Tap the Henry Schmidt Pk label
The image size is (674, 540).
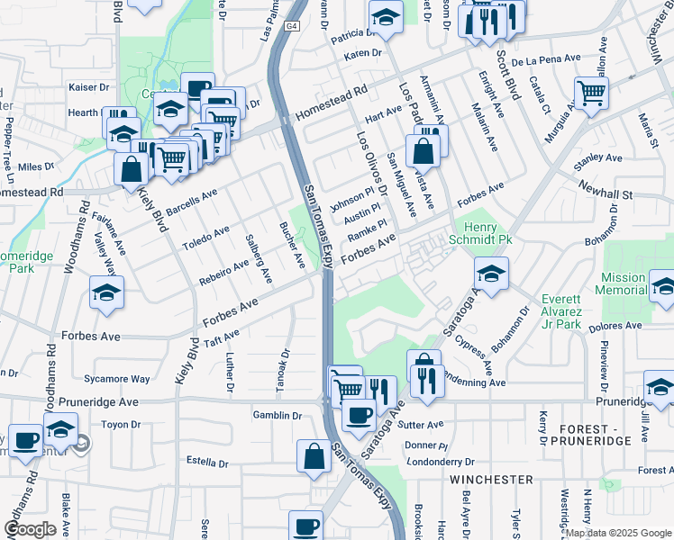(487, 234)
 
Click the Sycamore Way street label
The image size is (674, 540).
(116, 380)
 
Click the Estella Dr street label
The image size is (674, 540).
(206, 463)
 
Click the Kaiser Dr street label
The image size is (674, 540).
(89, 88)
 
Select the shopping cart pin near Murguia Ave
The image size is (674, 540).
(591, 92)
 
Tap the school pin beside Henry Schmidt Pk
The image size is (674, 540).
(491, 274)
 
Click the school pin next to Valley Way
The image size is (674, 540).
(106, 293)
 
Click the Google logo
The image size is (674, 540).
(30, 529)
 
